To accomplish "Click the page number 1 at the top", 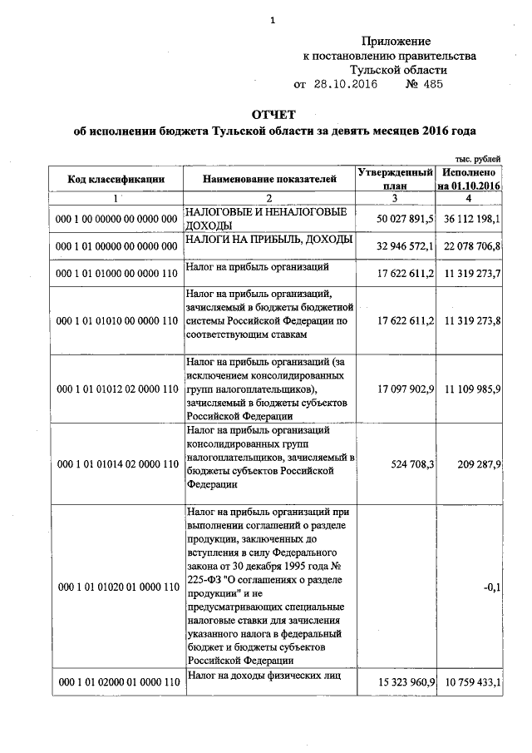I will (x=272, y=21).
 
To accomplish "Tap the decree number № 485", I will (x=424, y=84).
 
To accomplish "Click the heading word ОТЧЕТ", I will (x=273, y=114).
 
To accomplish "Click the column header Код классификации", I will (x=116, y=179).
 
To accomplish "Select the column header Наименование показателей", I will (x=268, y=178).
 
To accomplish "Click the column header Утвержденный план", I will (x=394, y=179).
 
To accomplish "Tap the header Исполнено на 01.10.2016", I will (x=470, y=179).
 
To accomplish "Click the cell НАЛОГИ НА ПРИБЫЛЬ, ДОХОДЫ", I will (x=269, y=240).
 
